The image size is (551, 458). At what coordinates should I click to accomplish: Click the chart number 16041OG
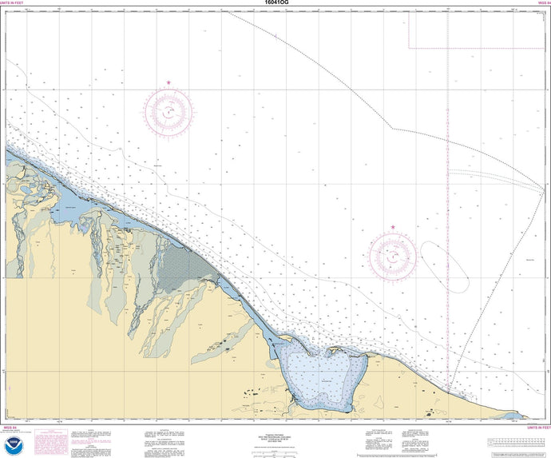tap(275, 4)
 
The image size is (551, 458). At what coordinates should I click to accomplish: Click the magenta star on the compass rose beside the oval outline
tap(393, 228)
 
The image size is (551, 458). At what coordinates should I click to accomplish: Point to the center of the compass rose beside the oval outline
tap(393, 257)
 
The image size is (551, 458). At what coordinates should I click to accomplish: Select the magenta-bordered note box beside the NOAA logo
tap(51, 442)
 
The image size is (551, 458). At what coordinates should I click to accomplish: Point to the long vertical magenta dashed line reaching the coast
tap(448, 240)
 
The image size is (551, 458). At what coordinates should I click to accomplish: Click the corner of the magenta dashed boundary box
tap(410, 47)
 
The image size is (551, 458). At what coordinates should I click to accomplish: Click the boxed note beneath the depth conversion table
tap(519, 453)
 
